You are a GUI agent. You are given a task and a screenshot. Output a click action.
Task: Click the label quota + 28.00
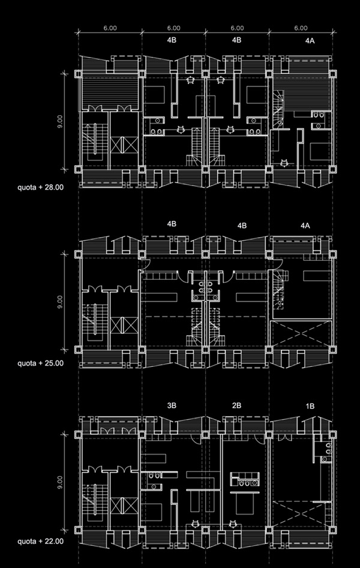[x=41, y=187]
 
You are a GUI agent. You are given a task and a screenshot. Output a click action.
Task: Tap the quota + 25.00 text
[x=41, y=363]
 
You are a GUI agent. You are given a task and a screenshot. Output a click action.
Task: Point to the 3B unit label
[x=172, y=406]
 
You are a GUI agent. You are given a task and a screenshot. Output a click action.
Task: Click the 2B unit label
[x=236, y=406]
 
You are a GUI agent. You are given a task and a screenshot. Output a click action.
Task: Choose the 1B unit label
[x=310, y=406]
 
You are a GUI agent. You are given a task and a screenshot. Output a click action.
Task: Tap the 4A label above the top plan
[x=310, y=41]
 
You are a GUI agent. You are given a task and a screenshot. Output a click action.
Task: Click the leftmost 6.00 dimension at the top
[x=110, y=28]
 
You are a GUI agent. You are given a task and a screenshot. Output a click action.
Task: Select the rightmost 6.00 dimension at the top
[x=301, y=28]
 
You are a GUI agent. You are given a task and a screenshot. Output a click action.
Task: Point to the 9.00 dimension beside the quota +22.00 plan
[x=60, y=482]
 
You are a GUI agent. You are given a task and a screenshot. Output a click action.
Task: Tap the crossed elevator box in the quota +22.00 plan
[x=124, y=506]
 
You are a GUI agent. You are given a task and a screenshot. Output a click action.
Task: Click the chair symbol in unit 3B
[x=196, y=523]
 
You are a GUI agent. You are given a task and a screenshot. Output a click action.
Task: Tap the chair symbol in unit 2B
[x=233, y=523]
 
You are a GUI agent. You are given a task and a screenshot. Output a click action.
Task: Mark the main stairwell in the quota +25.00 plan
[x=94, y=322]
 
